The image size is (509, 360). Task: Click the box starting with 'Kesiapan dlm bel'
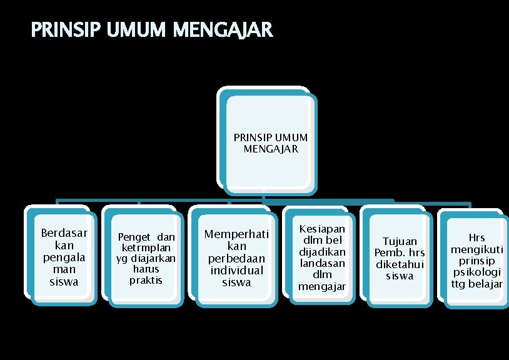[x=322, y=258]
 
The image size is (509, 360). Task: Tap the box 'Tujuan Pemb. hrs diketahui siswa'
[x=399, y=258]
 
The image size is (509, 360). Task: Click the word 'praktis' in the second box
[x=146, y=280]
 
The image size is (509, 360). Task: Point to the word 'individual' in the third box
[x=236, y=270]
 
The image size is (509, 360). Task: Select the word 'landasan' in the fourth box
[x=322, y=263]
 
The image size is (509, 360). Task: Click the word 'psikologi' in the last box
[x=477, y=272]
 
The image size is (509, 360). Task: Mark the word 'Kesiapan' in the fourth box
[x=322, y=229]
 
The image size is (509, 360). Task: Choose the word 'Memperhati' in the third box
[x=236, y=234]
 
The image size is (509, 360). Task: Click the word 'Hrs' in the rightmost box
[x=476, y=238]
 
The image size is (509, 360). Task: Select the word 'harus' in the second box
[x=146, y=269]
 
